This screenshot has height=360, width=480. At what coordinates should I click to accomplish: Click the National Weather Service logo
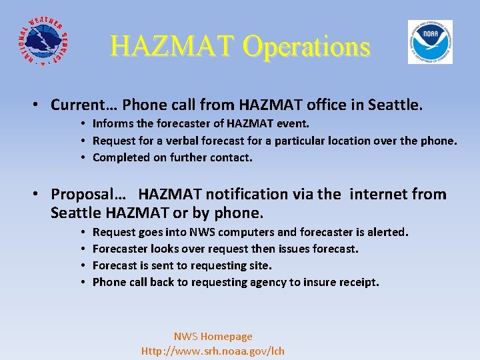(x=41, y=42)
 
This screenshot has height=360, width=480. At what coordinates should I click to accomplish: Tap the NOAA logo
(x=430, y=42)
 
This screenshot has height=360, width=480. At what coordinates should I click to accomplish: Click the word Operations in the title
(x=306, y=46)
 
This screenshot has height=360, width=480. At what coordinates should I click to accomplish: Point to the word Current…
(x=83, y=105)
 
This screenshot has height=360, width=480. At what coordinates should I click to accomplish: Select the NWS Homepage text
(x=213, y=337)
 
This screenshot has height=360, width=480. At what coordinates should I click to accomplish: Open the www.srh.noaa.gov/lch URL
(x=213, y=351)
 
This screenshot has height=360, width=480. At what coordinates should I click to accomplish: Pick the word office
(x=293, y=105)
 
